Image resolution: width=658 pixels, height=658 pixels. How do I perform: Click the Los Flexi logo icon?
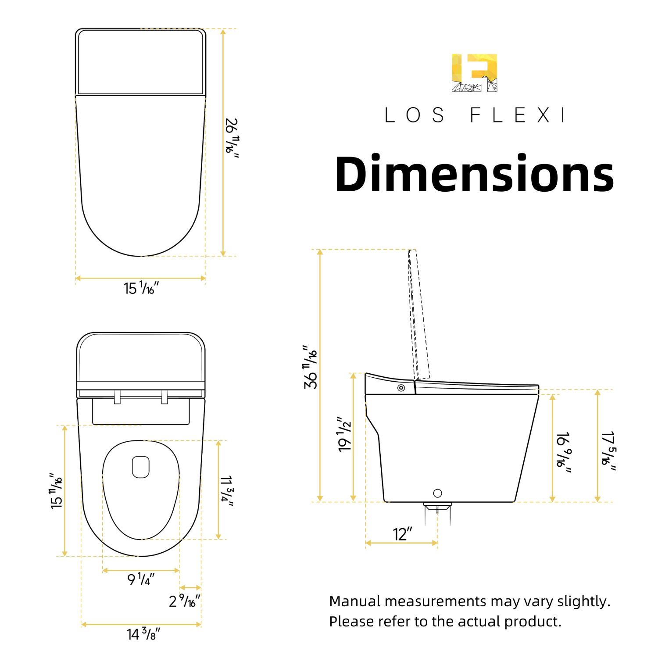tap(474, 73)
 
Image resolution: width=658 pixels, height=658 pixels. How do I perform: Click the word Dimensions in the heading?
tap(474, 174)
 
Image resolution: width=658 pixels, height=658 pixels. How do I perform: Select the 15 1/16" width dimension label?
tap(141, 288)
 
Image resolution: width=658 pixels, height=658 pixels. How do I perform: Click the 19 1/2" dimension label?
tap(344, 434)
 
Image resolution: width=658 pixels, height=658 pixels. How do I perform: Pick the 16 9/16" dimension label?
tap(563, 453)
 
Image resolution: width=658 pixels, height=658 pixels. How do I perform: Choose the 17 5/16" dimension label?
tap(608, 451)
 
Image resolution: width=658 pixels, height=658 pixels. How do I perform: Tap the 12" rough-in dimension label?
tap(403, 534)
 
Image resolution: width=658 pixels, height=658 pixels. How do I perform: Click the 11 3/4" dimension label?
tap(226, 490)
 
